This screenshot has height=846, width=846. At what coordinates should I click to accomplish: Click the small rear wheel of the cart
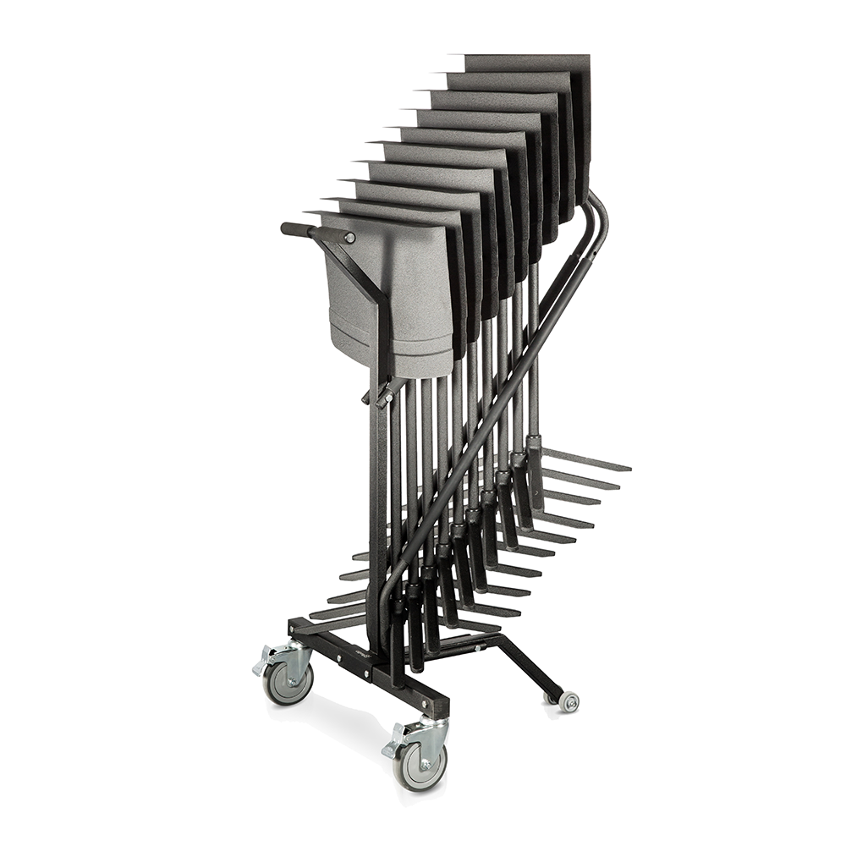[569, 701]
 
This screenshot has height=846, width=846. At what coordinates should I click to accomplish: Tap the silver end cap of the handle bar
[349, 238]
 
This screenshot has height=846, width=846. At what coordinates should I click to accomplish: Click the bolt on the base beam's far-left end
[296, 630]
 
